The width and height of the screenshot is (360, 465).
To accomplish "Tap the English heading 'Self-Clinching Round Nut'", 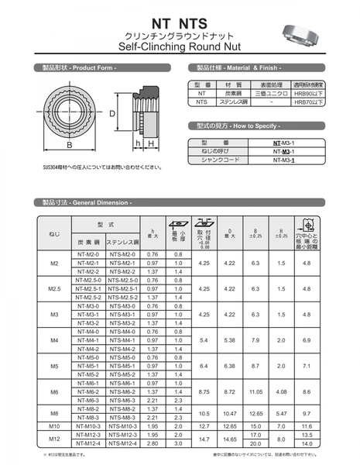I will [180, 46].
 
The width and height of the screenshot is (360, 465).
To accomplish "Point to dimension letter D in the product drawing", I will [112, 114].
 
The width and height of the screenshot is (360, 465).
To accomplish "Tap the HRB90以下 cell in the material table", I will [309, 93].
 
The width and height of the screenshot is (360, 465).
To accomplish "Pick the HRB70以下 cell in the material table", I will [309, 102].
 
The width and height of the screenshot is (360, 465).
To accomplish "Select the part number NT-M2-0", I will [88, 254].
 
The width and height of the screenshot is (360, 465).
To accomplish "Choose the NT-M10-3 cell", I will [88, 425].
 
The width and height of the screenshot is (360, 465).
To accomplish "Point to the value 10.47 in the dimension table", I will [230, 413].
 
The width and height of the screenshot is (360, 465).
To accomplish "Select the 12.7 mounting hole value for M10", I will [204, 425].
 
